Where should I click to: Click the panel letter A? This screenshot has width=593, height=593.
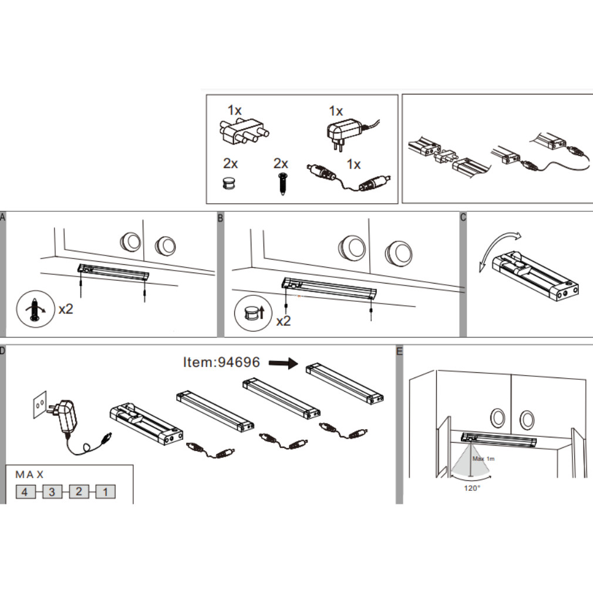point(3,217)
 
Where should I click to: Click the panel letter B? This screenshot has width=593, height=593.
point(221,218)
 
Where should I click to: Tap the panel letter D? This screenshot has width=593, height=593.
point(3,351)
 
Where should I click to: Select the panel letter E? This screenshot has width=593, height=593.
point(399,351)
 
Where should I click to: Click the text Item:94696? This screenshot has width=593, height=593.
point(221,362)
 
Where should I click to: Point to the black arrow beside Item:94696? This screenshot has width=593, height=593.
point(284,363)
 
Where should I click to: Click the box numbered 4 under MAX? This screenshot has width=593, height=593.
point(25,491)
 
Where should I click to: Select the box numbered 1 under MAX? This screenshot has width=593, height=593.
point(106,491)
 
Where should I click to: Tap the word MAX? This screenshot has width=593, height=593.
point(29,474)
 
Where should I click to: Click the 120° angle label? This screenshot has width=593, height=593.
point(472,488)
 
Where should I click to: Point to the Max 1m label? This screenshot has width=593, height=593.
point(484,459)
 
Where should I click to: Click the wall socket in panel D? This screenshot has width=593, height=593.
point(40,405)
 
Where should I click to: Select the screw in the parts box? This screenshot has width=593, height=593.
point(282,184)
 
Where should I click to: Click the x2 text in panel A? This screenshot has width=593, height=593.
point(66,309)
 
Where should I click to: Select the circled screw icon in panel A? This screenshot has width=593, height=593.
point(36,309)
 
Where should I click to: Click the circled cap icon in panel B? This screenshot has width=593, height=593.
point(253,314)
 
